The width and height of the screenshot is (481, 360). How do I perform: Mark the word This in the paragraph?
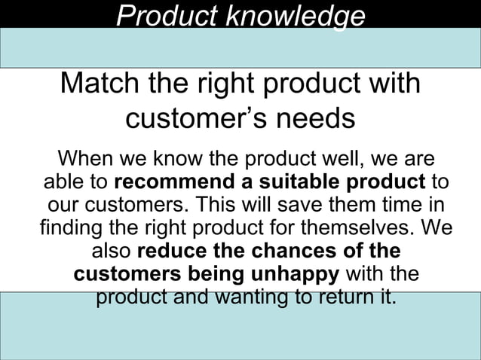[x=244, y=205]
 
